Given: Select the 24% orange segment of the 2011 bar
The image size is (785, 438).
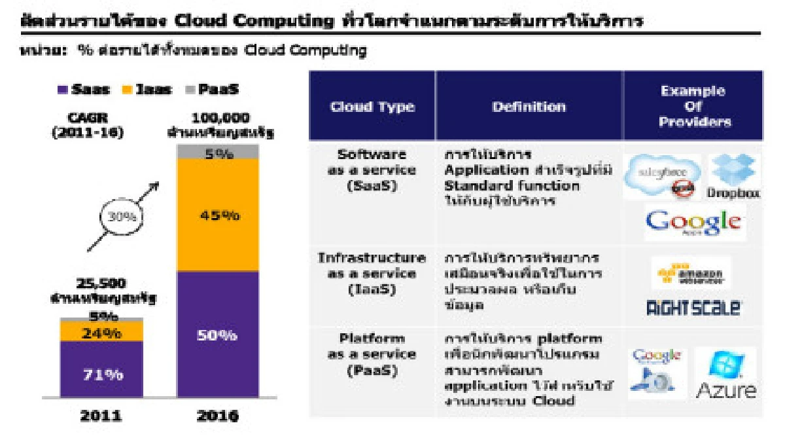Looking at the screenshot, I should pos(101,332).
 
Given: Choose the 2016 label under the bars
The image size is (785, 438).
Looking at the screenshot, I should pos(218,414).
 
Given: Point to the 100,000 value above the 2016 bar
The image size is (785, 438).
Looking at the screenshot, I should pos(220,119).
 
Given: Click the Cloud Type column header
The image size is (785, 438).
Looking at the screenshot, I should pos(372,107).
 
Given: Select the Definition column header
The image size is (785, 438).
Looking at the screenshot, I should pos(529,107).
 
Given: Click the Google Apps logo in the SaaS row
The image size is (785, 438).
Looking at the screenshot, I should pos(693,223).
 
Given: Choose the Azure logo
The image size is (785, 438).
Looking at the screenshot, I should pos(725,374).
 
